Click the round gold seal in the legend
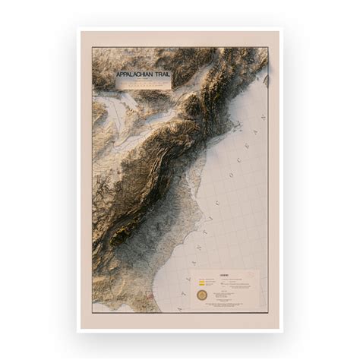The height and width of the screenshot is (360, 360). [x=201, y=292]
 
